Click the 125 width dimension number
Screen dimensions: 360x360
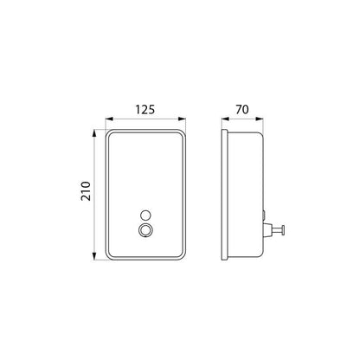pos(145,110)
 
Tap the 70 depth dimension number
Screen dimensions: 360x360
pos(242,110)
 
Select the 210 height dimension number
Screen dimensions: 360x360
pos(86,191)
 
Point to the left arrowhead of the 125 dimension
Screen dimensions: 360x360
pos(109,119)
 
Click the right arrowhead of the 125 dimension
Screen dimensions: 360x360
pos(183,119)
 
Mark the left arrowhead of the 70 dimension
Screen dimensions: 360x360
pos(225,119)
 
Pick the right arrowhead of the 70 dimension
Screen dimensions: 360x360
pos(260,119)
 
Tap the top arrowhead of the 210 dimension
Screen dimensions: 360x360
pos(94,133)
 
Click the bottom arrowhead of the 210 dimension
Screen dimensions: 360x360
pos(94,256)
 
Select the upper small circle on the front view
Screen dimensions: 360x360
pos(145,215)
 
